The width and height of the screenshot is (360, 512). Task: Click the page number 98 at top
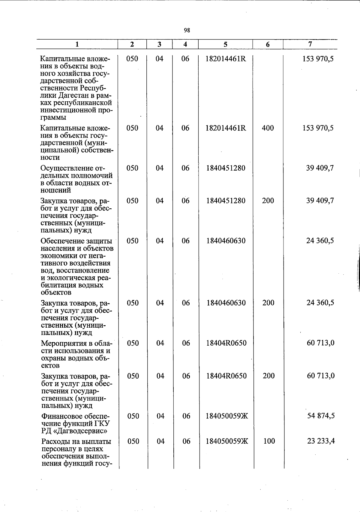click(x=187, y=30)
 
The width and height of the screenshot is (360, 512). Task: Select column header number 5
click(x=225, y=44)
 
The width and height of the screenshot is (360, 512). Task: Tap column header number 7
click(x=310, y=44)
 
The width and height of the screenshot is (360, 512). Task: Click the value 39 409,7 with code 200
click(x=320, y=201)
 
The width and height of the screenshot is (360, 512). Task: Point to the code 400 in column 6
click(x=268, y=128)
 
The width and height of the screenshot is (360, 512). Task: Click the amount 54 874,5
click(x=321, y=416)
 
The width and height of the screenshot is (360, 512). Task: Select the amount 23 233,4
click(x=321, y=441)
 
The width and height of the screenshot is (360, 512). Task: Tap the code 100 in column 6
click(x=268, y=441)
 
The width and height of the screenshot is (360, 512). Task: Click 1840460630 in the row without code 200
click(x=226, y=241)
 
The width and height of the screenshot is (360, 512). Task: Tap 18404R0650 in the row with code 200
click(x=226, y=376)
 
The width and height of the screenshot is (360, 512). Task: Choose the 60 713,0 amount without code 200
click(x=321, y=343)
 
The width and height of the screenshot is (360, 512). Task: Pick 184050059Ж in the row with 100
click(x=227, y=441)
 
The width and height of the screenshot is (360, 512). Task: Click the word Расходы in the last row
click(x=55, y=442)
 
